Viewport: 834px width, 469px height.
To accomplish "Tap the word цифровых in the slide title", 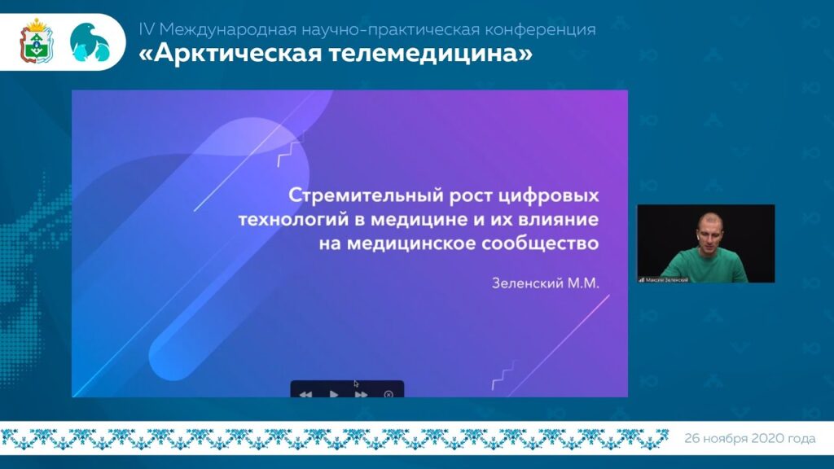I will coord(552,196).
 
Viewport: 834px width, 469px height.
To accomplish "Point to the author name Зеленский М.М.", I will coord(545,283).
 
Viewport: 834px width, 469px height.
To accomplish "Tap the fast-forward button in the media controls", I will coord(361,394).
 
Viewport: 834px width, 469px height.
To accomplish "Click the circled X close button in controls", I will coord(388,394).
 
